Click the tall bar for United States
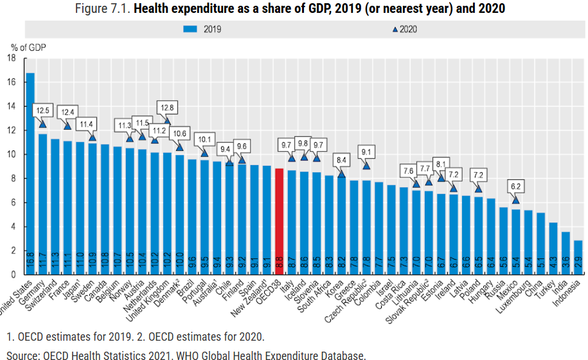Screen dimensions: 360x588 click(30, 174)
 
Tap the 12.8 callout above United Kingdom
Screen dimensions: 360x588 click(167, 107)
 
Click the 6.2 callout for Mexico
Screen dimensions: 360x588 click(516, 186)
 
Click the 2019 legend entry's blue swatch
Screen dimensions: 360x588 click(192, 28)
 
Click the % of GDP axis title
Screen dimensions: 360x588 click(28, 47)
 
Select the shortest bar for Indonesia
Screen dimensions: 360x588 click(578, 257)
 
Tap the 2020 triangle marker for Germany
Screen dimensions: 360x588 click(43, 124)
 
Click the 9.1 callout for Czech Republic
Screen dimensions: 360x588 click(366, 152)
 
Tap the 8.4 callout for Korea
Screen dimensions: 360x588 click(341, 160)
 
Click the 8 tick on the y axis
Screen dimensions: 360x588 click(13, 179)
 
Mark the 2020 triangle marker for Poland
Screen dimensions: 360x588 click(478, 188)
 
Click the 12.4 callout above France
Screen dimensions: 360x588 click(68, 112)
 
